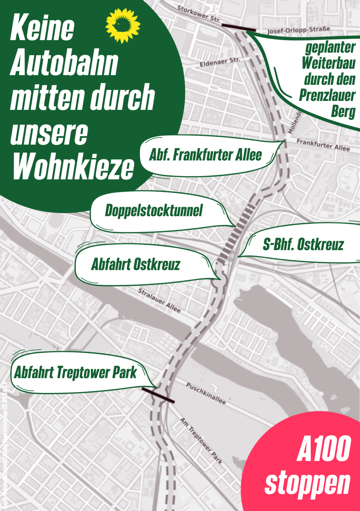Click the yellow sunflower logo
[123, 25]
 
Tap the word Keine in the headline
[42, 28]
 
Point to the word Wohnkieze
[73, 166]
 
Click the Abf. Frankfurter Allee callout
[205, 155]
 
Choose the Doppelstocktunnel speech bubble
[154, 211]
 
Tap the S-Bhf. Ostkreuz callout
[303, 244]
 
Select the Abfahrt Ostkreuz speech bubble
[136, 265]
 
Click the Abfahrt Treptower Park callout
[76, 373]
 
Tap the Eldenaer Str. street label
[220, 62]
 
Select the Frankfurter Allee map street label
[323, 145]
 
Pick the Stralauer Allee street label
[159, 300]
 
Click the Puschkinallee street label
[206, 393]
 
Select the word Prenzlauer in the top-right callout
[327, 95]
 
